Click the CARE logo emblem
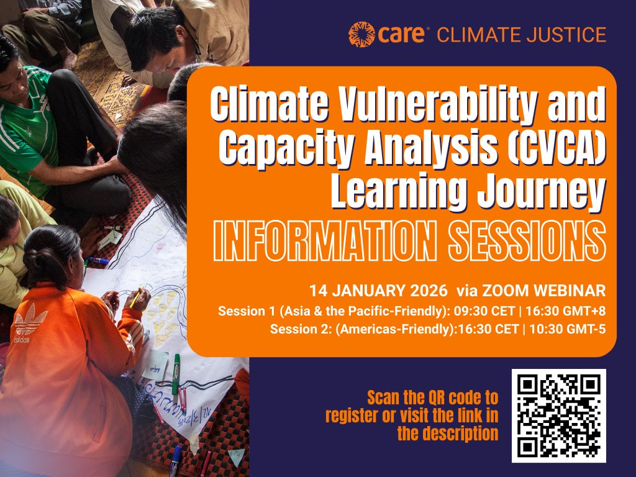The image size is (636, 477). [x=361, y=34]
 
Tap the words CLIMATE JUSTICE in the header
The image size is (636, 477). [x=522, y=35]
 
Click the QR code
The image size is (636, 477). [x=558, y=415]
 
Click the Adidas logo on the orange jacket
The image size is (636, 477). [x=30, y=324]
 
